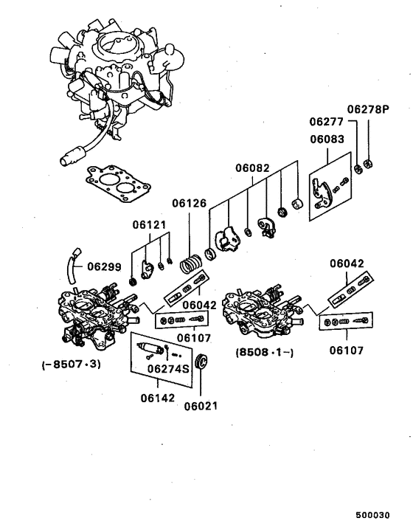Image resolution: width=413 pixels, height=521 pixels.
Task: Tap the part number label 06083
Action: coord(326,139)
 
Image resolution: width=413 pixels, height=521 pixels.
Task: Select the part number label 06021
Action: coord(201,405)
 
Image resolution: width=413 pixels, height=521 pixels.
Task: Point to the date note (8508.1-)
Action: coord(265,352)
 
